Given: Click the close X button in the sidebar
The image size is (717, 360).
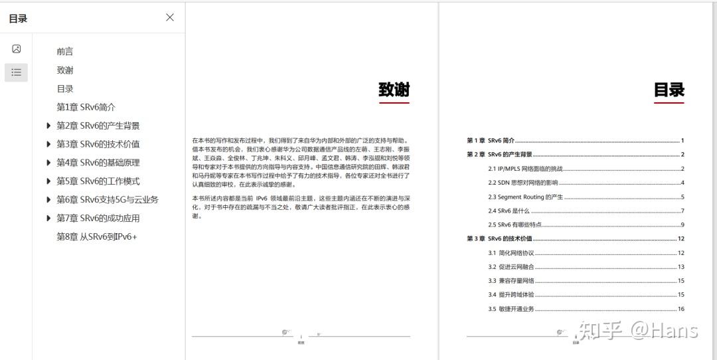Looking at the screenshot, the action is pos(170,17).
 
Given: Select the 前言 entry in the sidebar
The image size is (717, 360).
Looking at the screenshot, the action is pos(65,51).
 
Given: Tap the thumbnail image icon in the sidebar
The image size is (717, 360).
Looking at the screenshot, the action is pos(17,48).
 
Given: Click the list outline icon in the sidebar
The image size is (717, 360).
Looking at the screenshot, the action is pos(17,72).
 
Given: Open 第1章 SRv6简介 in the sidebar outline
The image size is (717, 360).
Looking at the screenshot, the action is pos(86,107).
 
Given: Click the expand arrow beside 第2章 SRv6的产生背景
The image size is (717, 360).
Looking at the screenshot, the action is pos(48,126).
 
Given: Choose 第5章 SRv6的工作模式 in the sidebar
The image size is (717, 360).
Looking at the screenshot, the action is pos(98,181).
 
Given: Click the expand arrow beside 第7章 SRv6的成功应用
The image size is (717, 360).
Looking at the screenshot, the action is pos(48,219).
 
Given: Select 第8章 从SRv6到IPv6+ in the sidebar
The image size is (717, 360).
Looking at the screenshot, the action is pos(97,237).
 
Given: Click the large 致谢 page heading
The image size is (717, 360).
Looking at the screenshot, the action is pos(394,90).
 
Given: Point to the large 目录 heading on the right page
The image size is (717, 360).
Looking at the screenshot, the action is pos(669,90).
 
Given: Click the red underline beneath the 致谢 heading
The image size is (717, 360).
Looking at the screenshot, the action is pos(394,103).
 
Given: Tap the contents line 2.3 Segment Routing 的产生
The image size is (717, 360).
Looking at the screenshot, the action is pos(525,197).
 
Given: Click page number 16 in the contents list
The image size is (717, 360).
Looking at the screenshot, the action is pos(680,309).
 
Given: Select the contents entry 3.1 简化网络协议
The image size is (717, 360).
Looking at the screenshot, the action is pos(511,253).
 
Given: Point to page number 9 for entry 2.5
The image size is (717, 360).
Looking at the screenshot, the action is pos(682,225).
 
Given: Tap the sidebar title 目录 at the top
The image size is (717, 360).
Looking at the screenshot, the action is pos(18,19).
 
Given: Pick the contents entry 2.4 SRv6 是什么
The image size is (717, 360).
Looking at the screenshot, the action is pos(509,211).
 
